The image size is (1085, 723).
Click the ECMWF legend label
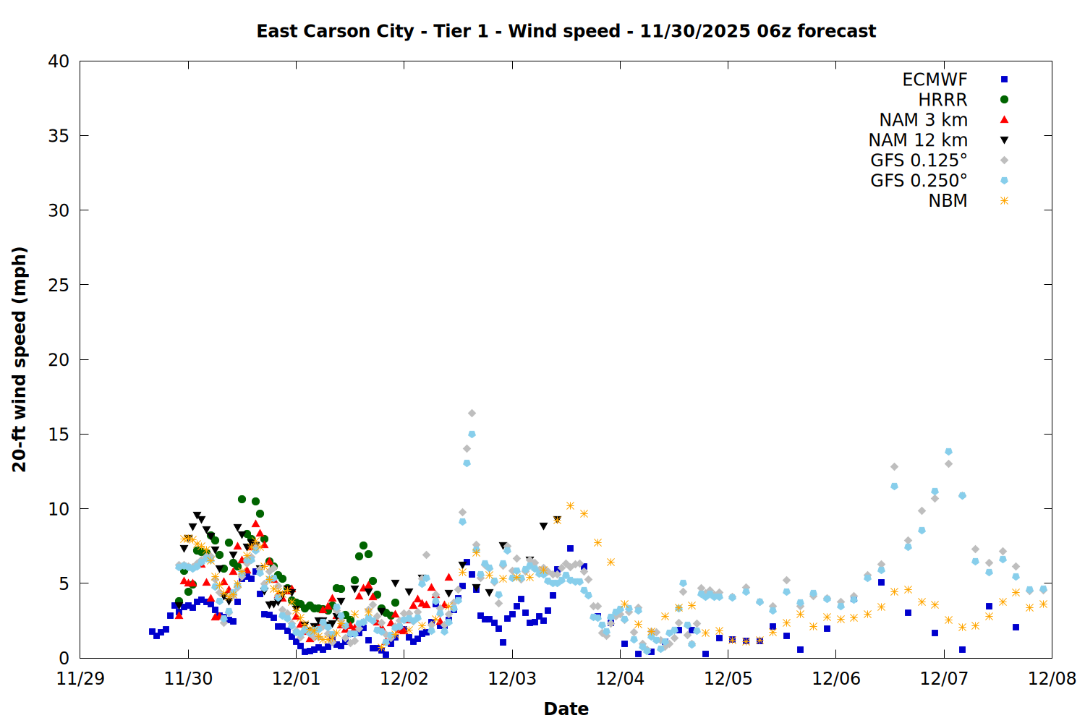click(935, 80)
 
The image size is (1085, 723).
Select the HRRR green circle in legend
click(1004, 100)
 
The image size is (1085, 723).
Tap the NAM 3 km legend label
click(923, 120)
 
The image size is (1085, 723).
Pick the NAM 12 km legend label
click(918, 140)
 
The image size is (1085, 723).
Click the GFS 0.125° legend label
click(919, 161)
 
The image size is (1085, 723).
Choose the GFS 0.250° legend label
click(919, 181)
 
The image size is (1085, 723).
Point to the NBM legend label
click(948, 201)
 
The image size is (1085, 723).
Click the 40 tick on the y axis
click(59, 62)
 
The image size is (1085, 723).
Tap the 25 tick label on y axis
click(59, 285)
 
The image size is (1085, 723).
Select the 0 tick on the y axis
click(64, 658)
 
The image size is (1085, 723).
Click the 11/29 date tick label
click(80, 679)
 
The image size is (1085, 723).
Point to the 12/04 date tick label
click(620, 679)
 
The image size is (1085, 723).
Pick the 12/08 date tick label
click(1052, 679)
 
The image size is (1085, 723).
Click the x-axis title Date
click(566, 709)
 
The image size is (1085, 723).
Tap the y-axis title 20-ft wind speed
click(20, 359)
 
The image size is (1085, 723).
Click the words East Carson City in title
click(335, 31)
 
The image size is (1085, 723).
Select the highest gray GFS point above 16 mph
click(472, 413)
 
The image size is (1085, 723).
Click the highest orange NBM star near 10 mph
click(570, 505)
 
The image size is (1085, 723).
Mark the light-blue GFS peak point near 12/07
click(948, 452)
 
